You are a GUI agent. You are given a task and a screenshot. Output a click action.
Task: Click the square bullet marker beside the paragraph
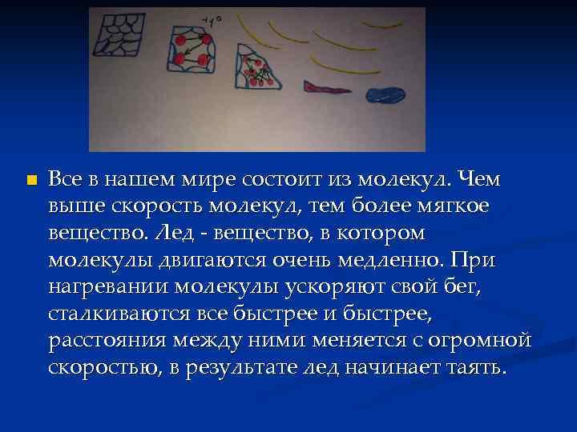point(31,180)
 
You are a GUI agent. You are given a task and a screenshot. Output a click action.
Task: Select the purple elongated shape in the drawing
point(326,87)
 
